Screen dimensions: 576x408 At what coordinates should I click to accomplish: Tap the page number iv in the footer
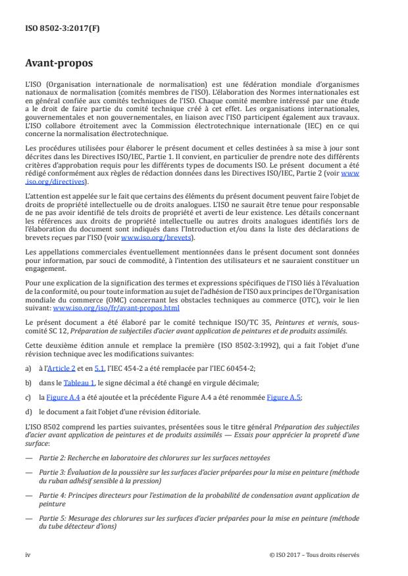click(x=28, y=554)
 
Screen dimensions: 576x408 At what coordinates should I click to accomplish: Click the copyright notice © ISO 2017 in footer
click(x=314, y=554)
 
